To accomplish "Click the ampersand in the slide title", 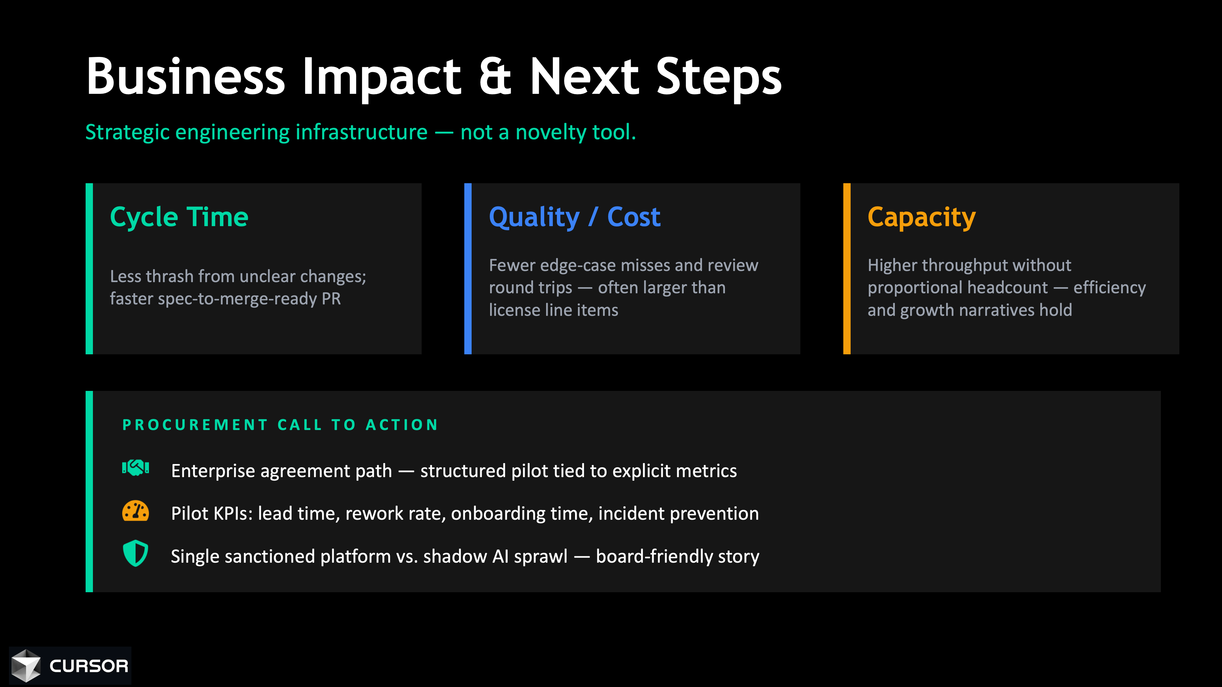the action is point(495,76).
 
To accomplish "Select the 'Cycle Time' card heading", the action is point(179,218).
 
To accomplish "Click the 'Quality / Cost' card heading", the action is point(574,218).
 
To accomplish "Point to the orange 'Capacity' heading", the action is point(921,218).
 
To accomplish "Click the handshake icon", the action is point(136,468).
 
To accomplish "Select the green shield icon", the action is point(136,553).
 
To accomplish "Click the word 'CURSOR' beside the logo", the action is point(89,666).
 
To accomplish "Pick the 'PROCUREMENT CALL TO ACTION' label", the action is point(280,425).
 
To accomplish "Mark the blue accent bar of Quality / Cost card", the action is point(468,268).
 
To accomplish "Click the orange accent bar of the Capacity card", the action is point(847,268).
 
